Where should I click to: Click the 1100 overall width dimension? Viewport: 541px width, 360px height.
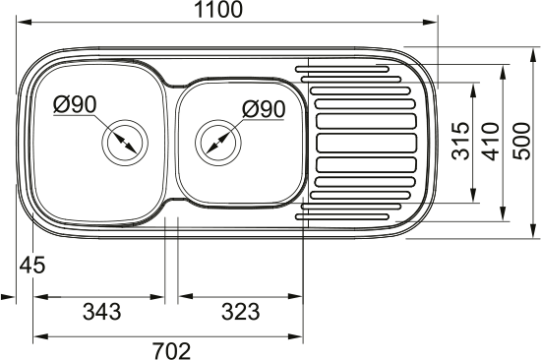[218, 10]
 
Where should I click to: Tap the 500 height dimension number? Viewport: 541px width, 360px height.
[520, 141]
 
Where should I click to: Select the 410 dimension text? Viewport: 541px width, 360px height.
[491, 142]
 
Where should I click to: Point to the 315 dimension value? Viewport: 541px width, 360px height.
[461, 141]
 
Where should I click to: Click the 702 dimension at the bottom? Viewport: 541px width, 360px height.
[172, 351]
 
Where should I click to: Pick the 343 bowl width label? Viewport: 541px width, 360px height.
[101, 312]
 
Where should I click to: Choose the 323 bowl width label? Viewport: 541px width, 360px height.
[240, 312]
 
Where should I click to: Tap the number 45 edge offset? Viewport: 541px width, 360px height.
[32, 266]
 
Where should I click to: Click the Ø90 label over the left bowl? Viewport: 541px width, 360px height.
[75, 105]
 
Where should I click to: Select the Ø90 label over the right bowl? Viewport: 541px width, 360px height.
[264, 109]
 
